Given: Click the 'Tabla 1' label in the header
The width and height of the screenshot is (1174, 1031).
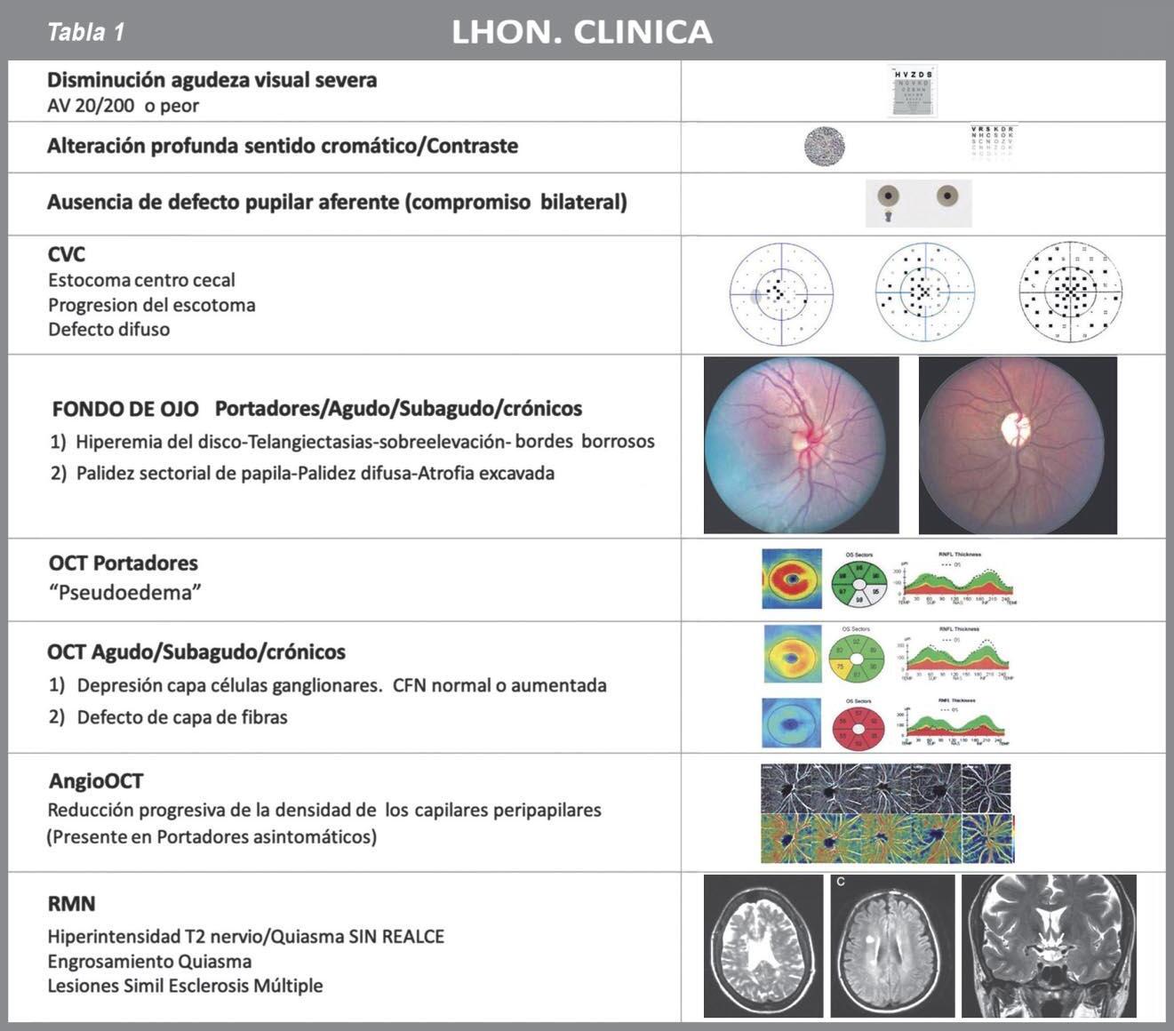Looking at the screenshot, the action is pos(85,33).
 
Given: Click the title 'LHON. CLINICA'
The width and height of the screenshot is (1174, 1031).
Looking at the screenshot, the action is pos(581,33).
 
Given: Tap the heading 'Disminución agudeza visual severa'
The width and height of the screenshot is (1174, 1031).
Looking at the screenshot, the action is pos(212,80).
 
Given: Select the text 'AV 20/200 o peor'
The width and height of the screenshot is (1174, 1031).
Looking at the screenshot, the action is pos(123,106).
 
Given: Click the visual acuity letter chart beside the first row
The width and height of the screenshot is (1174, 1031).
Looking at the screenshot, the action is pos(913,92).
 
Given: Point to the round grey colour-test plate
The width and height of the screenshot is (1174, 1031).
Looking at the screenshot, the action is pos(824,147).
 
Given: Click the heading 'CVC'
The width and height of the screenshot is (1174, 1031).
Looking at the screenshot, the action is pos(67,254).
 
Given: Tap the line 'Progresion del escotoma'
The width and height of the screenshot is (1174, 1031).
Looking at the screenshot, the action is pos(151,305).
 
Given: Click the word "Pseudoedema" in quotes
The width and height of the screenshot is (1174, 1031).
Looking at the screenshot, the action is pos(124,593).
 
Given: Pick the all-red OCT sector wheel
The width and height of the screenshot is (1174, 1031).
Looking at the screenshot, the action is pos(858,723).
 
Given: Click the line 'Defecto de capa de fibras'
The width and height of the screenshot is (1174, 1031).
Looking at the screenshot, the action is pos(181,717).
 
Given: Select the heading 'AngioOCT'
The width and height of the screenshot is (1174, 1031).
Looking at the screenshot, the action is pos(95,781).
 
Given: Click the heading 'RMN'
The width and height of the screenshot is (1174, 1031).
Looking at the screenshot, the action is pos(71,904).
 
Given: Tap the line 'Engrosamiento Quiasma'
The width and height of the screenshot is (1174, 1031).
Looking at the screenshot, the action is pos(149,961).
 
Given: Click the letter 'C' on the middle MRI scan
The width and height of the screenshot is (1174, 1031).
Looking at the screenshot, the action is pos(841,883).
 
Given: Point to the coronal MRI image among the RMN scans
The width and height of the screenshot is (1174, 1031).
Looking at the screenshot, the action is pos(1049,946).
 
